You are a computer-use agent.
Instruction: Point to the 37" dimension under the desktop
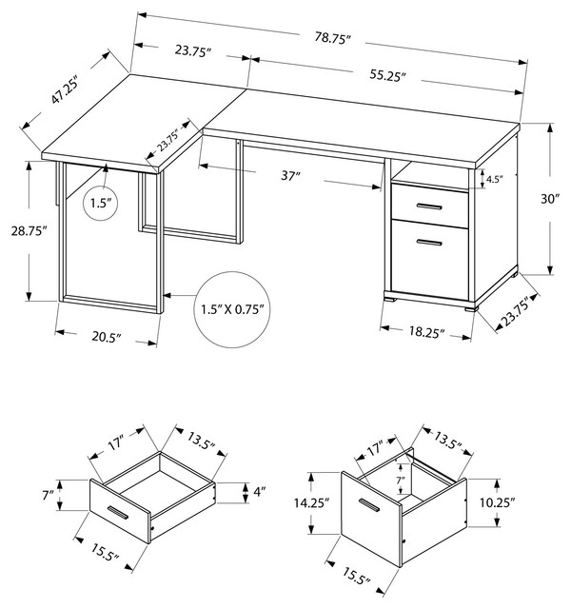tap(290, 174)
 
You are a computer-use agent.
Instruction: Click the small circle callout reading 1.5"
tap(103, 203)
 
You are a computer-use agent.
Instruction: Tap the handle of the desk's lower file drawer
tap(429, 245)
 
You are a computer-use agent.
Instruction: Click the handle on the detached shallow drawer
tap(119, 515)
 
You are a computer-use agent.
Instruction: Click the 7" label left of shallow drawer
tap(48, 493)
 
